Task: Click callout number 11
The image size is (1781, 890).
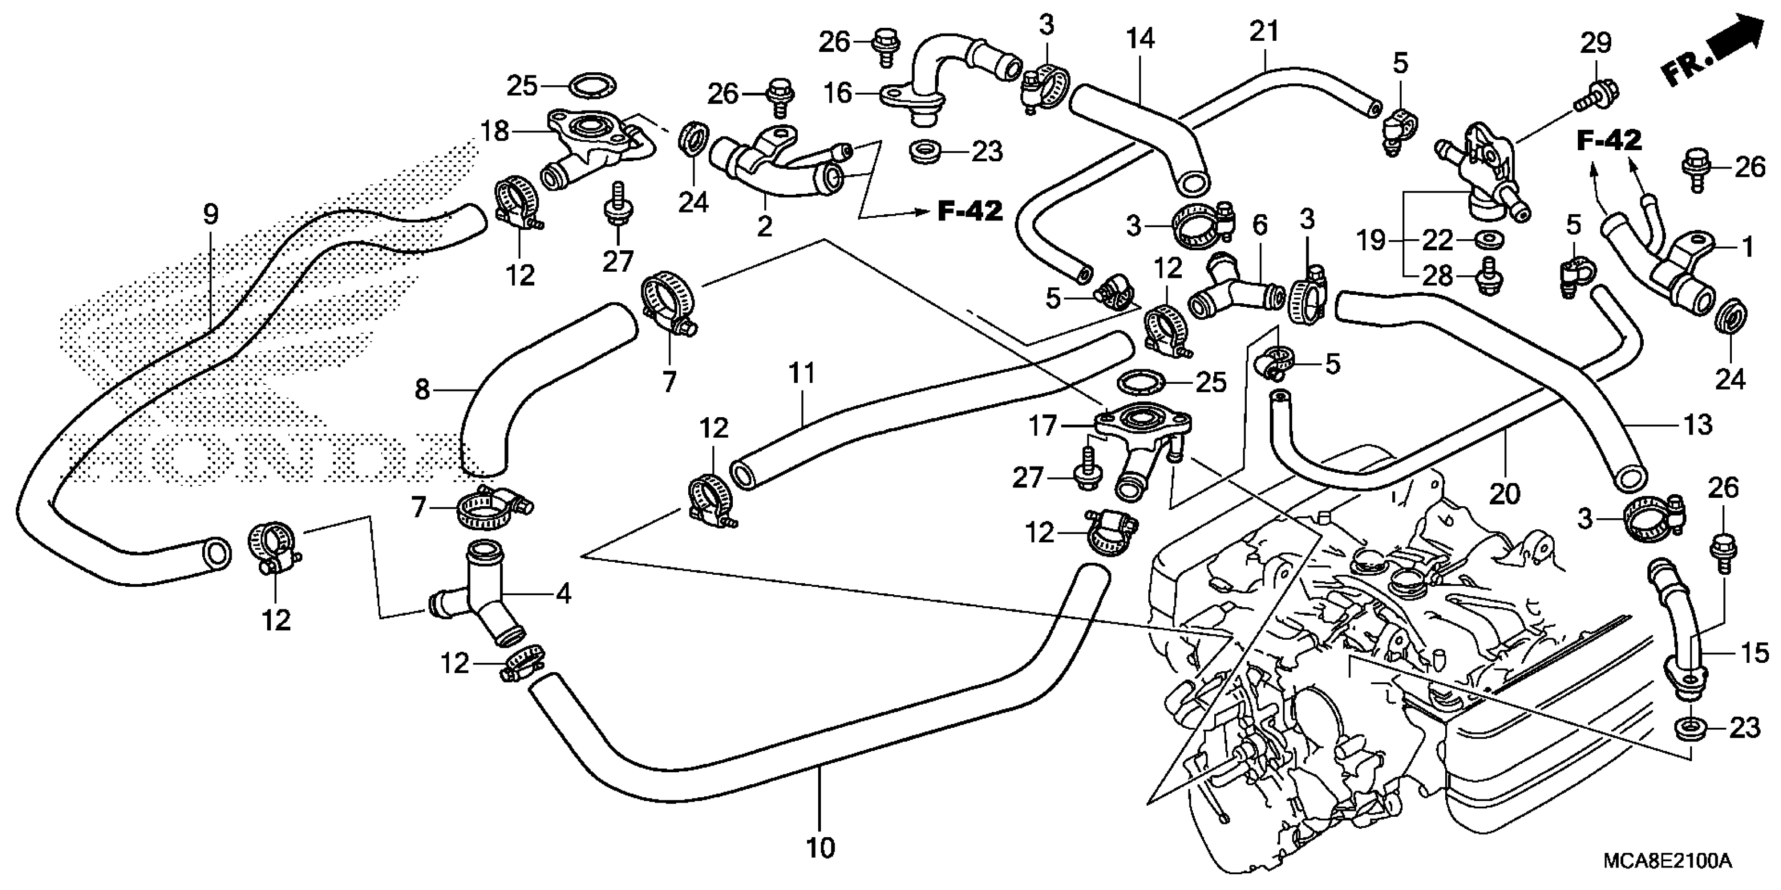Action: (x=801, y=374)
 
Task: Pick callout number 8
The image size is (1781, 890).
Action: (x=422, y=391)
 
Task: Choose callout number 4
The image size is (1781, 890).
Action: (x=564, y=594)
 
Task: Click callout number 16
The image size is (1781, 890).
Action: (x=839, y=92)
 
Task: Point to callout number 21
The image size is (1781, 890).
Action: (x=1265, y=31)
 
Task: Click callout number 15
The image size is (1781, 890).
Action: (x=1754, y=652)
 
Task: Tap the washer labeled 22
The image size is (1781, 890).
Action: (x=1481, y=239)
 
